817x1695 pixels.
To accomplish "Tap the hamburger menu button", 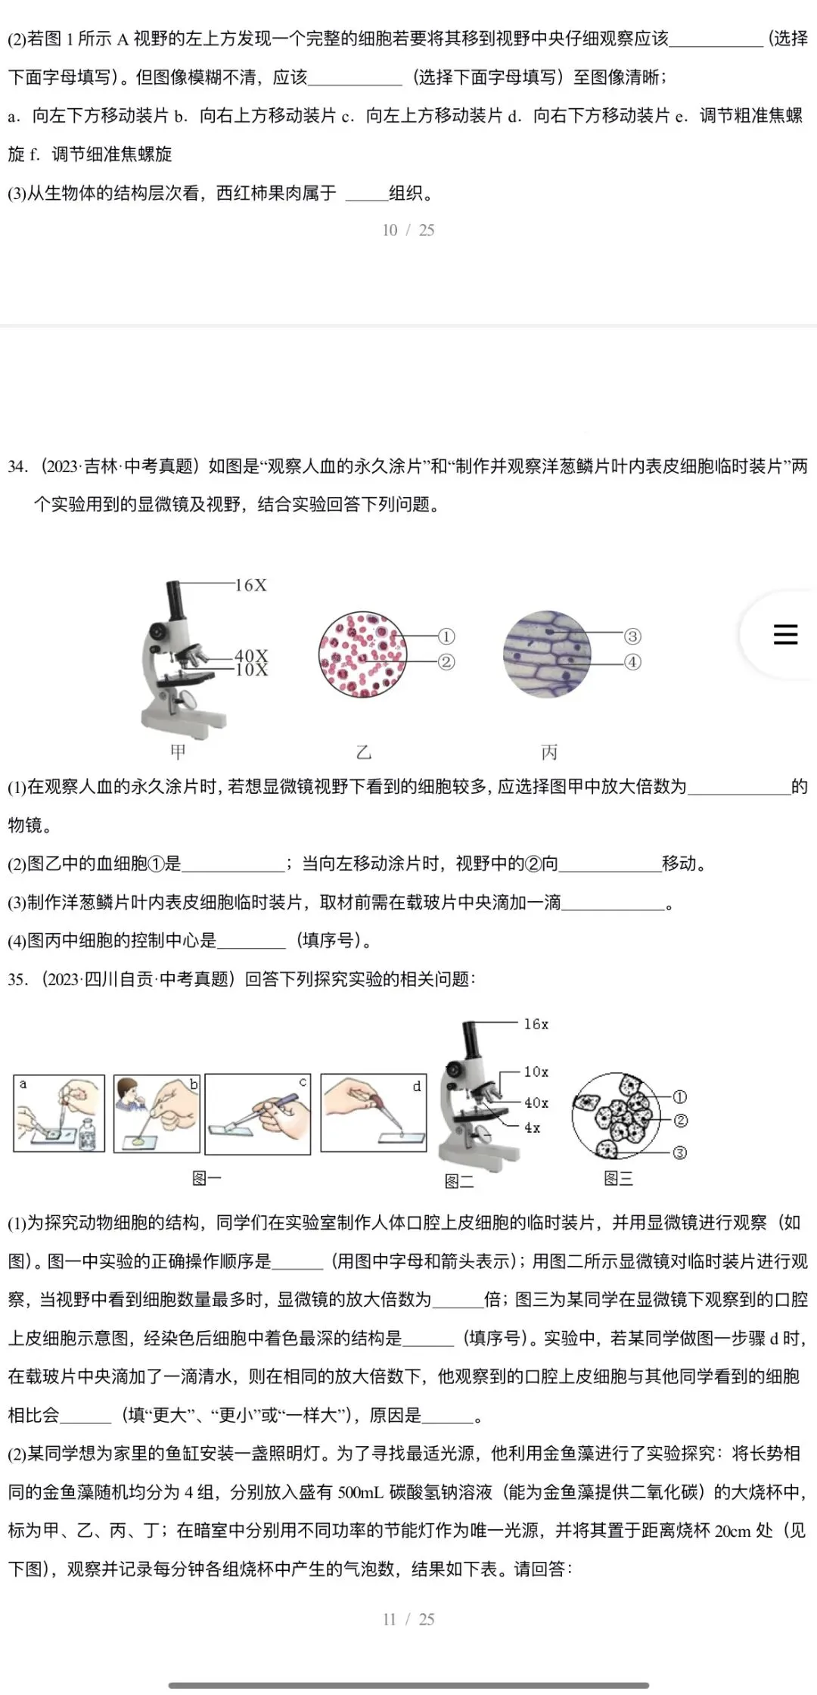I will click(785, 634).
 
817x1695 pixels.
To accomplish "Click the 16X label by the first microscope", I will click(250, 585).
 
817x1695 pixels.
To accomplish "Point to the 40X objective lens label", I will click(251, 655).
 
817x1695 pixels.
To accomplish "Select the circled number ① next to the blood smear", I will click(446, 636).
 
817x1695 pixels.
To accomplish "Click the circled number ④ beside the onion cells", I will click(632, 662).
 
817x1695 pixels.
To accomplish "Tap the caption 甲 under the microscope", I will click(178, 751).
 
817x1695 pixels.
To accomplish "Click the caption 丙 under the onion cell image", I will click(549, 751).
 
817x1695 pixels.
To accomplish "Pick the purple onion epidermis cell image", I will click(546, 655).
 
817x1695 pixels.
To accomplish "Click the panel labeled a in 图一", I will click(59, 1113).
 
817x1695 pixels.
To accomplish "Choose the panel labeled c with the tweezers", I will click(258, 1114).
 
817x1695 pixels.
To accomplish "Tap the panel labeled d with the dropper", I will click(374, 1112).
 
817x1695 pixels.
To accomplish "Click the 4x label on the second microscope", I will click(533, 1127).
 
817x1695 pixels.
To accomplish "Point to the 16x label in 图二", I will click(536, 1024).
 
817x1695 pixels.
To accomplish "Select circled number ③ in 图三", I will click(679, 1152).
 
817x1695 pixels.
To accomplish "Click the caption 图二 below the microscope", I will click(458, 1180).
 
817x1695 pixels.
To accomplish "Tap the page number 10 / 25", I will click(408, 230).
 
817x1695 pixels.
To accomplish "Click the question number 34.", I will click(17, 466).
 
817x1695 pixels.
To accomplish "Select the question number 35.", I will click(17, 979).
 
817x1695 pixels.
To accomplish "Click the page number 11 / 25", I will click(408, 1619).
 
